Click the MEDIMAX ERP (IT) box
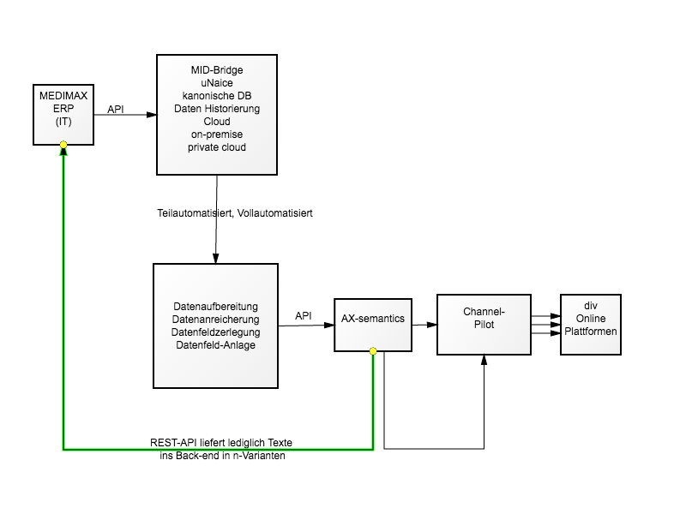pyautogui.click(x=63, y=115)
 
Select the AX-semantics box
pyautogui.click(x=373, y=325)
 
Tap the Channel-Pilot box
pyautogui.click(x=484, y=325)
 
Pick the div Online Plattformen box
pyautogui.click(x=591, y=325)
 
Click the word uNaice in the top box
pyautogui.click(x=217, y=83)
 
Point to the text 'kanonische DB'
pyautogui.click(x=217, y=96)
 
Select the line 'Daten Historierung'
pyautogui.click(x=217, y=109)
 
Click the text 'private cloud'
pyautogui.click(x=217, y=147)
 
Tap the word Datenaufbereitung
pyautogui.click(x=216, y=307)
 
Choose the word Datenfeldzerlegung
pyautogui.click(x=216, y=332)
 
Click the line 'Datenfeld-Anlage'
pyautogui.click(x=216, y=345)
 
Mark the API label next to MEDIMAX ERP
pyautogui.click(x=116, y=110)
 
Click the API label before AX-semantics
pyautogui.click(x=304, y=315)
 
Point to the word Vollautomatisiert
pyautogui.click(x=274, y=212)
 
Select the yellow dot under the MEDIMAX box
pyautogui.click(x=63, y=145)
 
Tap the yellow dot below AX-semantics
pyautogui.click(x=373, y=351)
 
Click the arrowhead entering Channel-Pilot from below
pyautogui.click(x=484, y=360)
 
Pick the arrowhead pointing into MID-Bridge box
pyautogui.click(x=152, y=115)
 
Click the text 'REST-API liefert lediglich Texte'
pyautogui.click(x=221, y=442)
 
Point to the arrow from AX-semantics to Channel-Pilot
pyautogui.click(x=424, y=325)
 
